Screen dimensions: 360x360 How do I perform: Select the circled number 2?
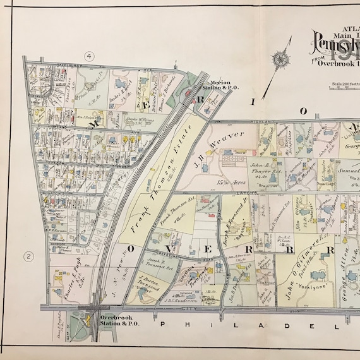28,256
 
